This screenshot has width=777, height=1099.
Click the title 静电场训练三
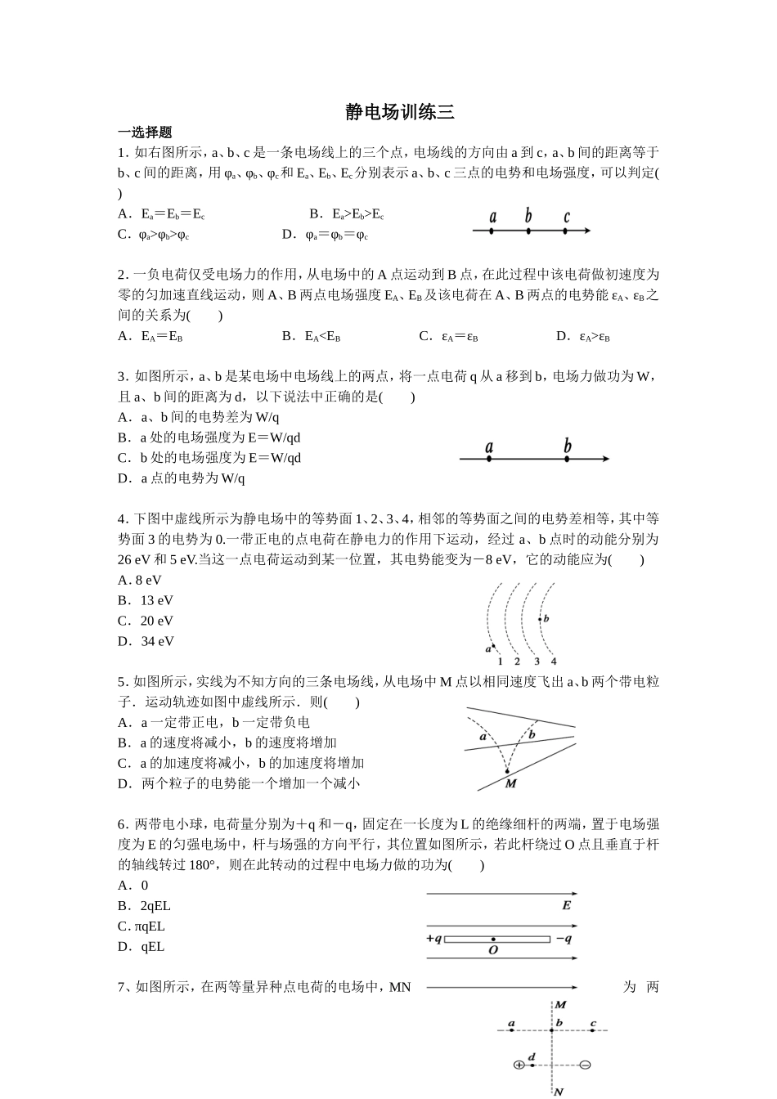(x=399, y=112)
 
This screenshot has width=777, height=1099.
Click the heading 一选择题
(x=145, y=132)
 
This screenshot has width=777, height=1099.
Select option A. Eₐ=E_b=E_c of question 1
(x=161, y=214)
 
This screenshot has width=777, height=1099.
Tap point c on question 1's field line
(x=566, y=231)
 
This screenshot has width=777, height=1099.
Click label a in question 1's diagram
(x=492, y=217)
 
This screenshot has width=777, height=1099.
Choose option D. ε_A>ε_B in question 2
(x=583, y=336)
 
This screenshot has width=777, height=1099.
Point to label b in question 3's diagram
(x=567, y=446)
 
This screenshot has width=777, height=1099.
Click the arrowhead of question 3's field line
(x=605, y=459)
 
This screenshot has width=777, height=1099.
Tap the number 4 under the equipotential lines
(x=554, y=661)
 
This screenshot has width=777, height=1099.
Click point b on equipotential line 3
(x=540, y=619)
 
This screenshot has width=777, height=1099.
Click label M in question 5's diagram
(x=510, y=783)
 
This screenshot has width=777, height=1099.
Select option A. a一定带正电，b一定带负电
(x=213, y=723)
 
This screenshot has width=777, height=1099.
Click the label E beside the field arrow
(x=566, y=905)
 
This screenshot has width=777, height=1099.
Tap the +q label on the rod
(x=433, y=939)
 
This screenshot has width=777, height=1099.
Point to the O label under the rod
(x=493, y=950)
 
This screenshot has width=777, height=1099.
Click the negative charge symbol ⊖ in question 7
(x=584, y=1065)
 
